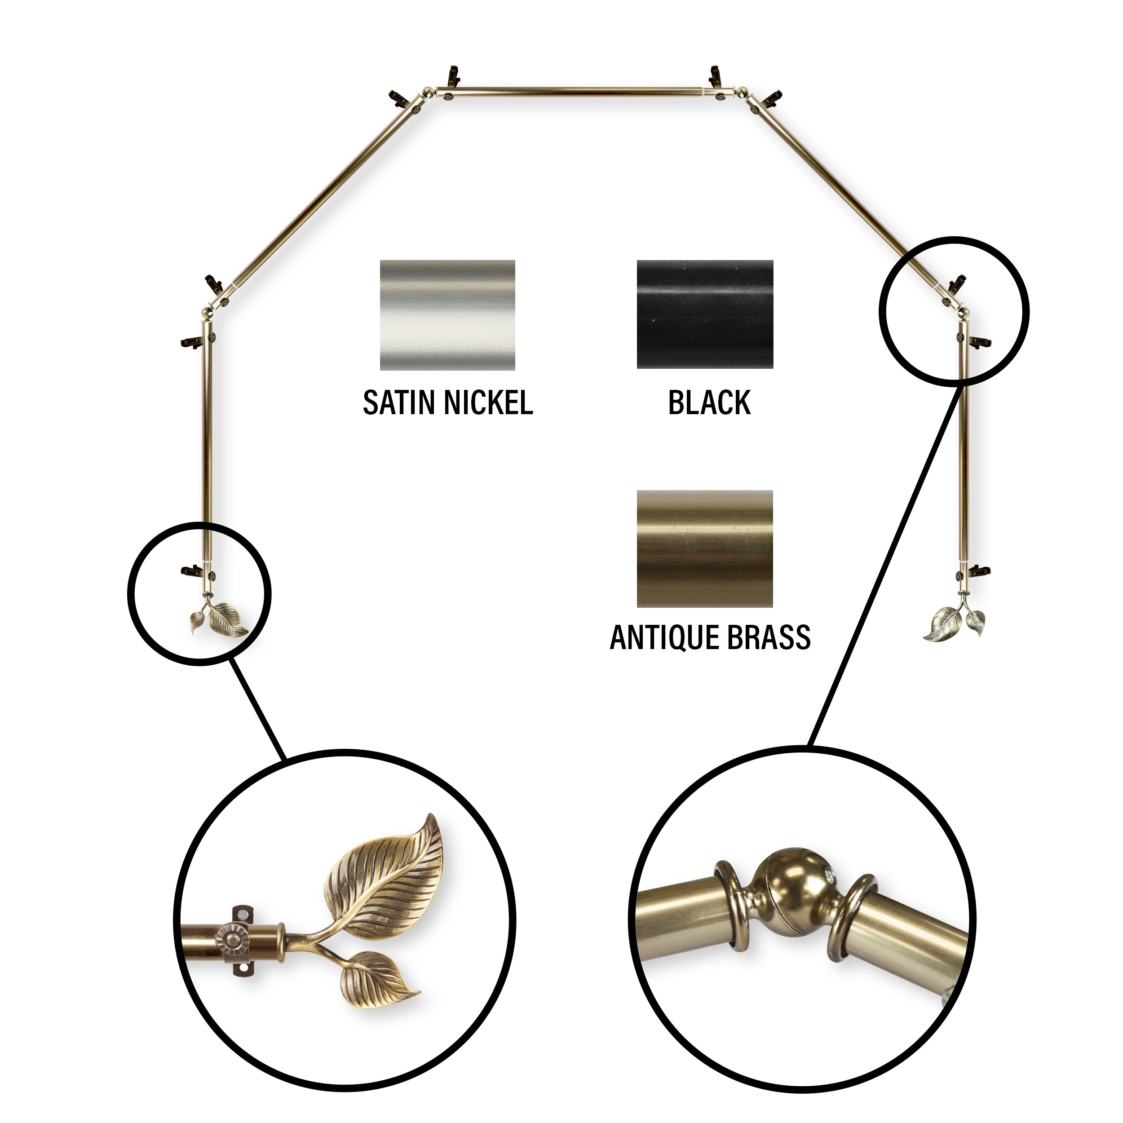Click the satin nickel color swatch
(447, 315)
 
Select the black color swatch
(705, 314)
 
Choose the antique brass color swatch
(705, 549)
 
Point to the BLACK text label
(709, 403)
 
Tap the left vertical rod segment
(206, 447)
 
